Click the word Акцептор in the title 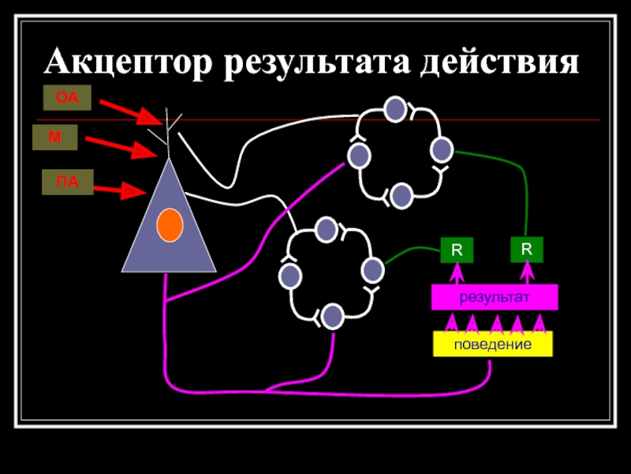[x=129, y=61]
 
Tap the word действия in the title [x=498, y=61]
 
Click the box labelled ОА [x=67, y=99]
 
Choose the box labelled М [x=54, y=137]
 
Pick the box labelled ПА [x=67, y=182]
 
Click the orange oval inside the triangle [x=170, y=226]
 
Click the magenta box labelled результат [x=495, y=297]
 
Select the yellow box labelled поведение [x=492, y=344]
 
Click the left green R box [x=456, y=251]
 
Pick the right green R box [x=527, y=249]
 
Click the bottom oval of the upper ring [x=401, y=194]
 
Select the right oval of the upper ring [x=442, y=149]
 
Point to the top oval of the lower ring [x=327, y=231]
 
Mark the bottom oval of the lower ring [x=333, y=316]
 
